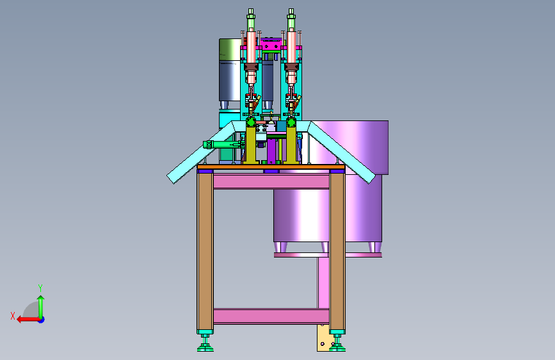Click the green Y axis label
(40, 288)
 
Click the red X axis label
(13, 316)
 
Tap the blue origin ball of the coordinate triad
(42, 320)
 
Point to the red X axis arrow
(28, 320)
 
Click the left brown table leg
(205, 251)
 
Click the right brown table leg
(337, 251)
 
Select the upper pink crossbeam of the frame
(271, 181)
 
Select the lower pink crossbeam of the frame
(271, 316)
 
